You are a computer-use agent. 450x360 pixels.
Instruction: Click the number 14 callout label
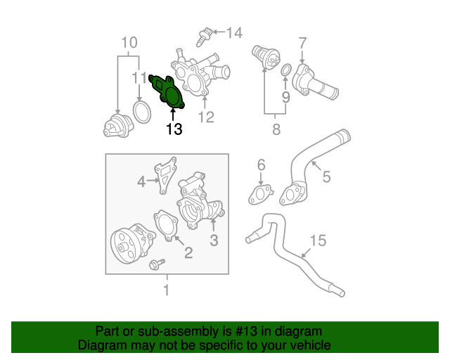[233, 32]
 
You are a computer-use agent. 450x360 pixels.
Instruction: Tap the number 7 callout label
[302, 42]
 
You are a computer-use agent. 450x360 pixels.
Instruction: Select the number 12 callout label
[205, 117]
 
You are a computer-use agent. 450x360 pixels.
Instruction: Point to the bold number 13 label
[174, 129]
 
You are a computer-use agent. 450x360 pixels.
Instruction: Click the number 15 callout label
[318, 241]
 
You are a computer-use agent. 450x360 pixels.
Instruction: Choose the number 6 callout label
[261, 165]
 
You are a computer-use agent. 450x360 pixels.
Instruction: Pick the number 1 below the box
[167, 289]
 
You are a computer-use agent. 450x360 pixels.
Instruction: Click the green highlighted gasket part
[170, 93]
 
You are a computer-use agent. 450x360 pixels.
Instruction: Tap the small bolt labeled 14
[206, 32]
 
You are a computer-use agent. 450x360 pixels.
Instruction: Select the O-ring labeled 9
[285, 71]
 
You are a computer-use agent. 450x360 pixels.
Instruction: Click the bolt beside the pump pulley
[156, 264]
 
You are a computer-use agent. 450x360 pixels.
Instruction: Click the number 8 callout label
[276, 129]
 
